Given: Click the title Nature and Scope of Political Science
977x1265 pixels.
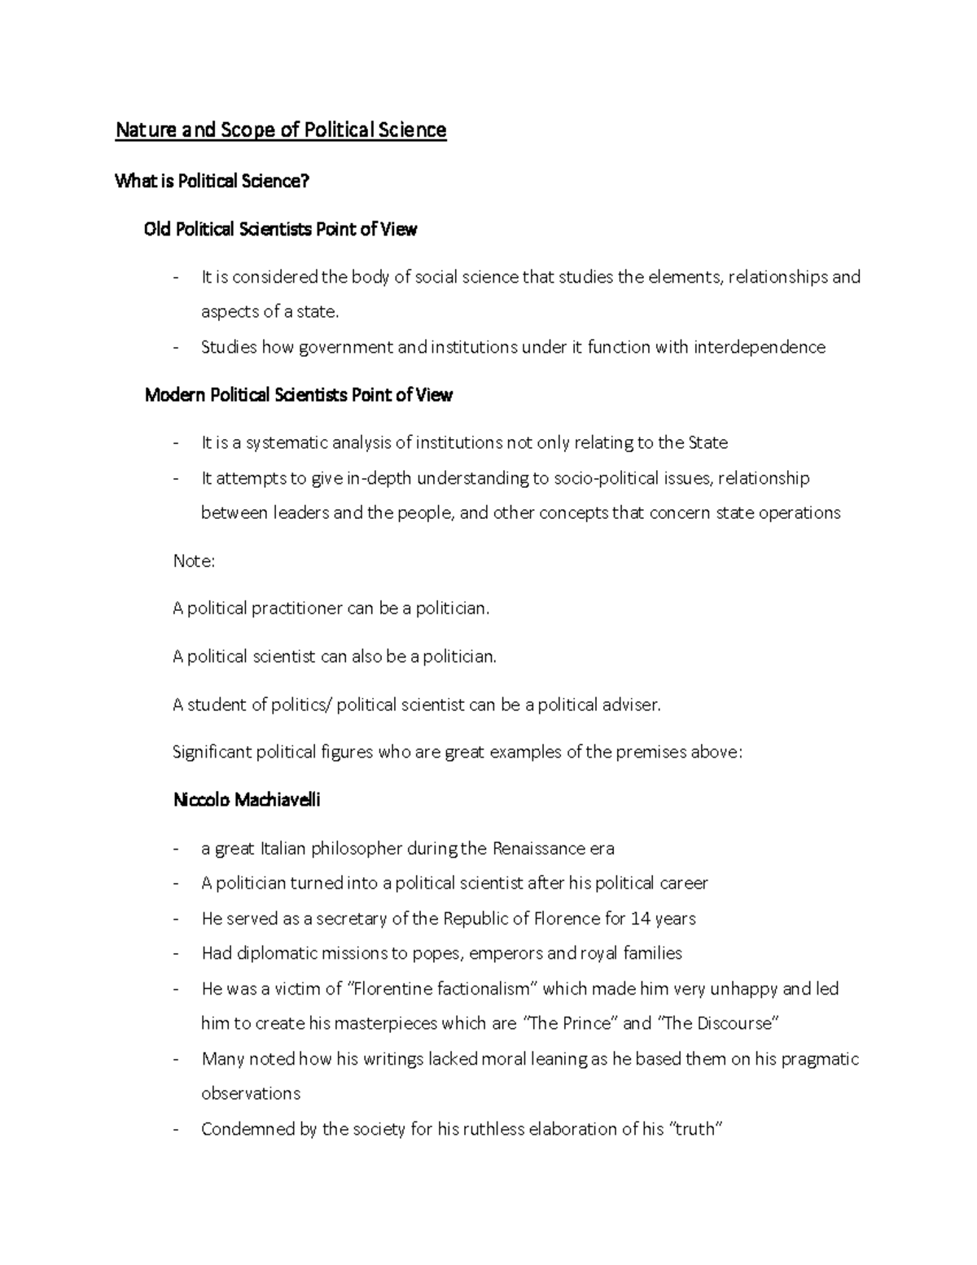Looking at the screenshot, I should [280, 130].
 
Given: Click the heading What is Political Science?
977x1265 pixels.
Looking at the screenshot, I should [212, 181].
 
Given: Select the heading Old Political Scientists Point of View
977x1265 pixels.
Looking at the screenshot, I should [280, 230].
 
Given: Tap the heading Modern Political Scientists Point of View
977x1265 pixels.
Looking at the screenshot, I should [298, 395].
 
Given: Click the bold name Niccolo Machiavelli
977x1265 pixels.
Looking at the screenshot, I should [247, 800].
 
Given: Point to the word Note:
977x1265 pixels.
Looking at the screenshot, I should [194, 560].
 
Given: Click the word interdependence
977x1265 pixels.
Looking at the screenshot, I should [759, 348].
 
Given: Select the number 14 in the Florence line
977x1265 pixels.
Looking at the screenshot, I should [640, 919].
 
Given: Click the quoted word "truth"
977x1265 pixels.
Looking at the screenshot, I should [695, 1130].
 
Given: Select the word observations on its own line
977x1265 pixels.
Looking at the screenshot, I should [251, 1094].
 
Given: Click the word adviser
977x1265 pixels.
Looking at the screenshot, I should [630, 705].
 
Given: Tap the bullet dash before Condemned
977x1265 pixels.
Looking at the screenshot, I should [176, 1130].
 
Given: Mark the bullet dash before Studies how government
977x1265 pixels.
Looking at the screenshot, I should [176, 348].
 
